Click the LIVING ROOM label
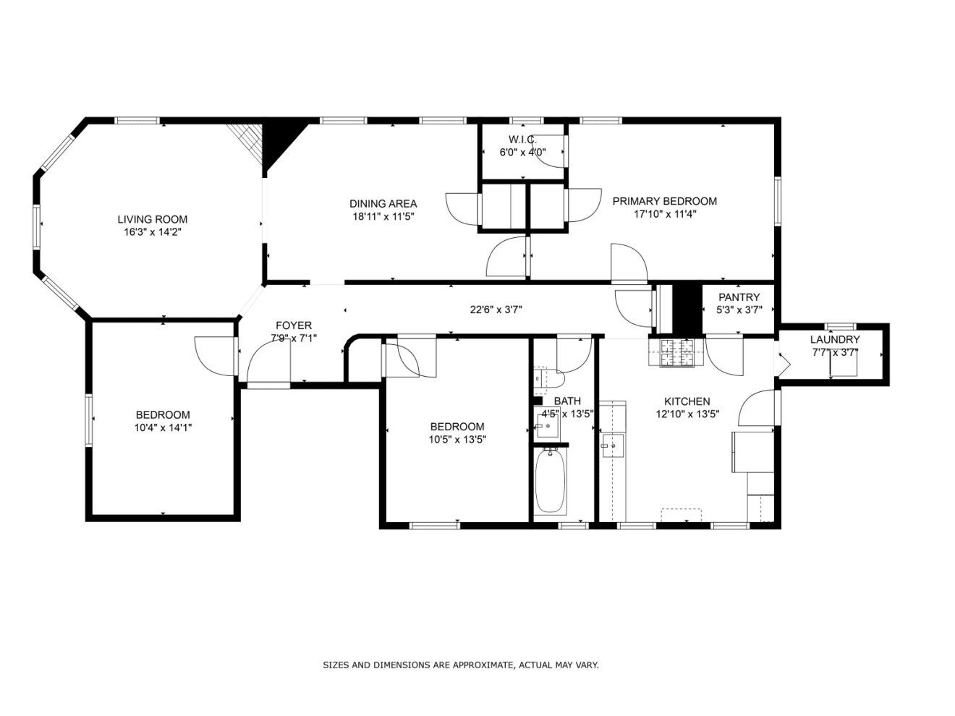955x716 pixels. point(152,219)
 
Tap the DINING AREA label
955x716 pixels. point(383,203)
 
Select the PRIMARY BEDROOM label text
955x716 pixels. point(664,201)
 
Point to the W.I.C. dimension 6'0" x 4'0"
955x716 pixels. point(522,152)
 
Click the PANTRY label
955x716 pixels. point(739,297)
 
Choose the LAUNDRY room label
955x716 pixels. point(834,339)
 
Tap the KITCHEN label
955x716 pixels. point(687,401)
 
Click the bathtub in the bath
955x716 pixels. point(551,481)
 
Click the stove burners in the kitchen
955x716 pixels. point(676,353)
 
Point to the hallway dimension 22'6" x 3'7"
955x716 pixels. point(496,310)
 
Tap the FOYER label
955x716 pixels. point(294,325)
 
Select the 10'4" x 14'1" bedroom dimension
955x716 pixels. point(164,427)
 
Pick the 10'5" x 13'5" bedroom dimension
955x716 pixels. point(457,440)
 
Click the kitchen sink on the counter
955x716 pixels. point(613,446)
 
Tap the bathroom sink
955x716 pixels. point(548,426)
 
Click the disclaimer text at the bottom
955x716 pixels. point(461,665)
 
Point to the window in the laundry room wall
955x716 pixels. point(841,326)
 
